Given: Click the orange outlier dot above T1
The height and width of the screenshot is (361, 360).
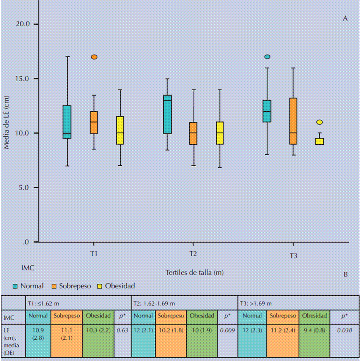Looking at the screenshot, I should click(94, 57).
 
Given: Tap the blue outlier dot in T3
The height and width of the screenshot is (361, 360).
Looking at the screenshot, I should click(267, 57).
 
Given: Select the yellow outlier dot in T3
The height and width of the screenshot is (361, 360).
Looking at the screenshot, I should click(319, 122).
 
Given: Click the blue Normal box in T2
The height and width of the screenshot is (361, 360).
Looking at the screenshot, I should click(167, 114).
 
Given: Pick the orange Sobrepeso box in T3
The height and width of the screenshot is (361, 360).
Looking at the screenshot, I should click(293, 121).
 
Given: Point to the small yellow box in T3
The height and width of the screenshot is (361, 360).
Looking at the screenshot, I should click(319, 141).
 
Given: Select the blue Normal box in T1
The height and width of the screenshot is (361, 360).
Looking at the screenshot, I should click(67, 122).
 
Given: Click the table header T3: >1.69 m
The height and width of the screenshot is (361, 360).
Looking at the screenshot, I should click(256, 303).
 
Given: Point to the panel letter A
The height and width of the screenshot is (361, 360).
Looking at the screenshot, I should click(345, 18).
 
